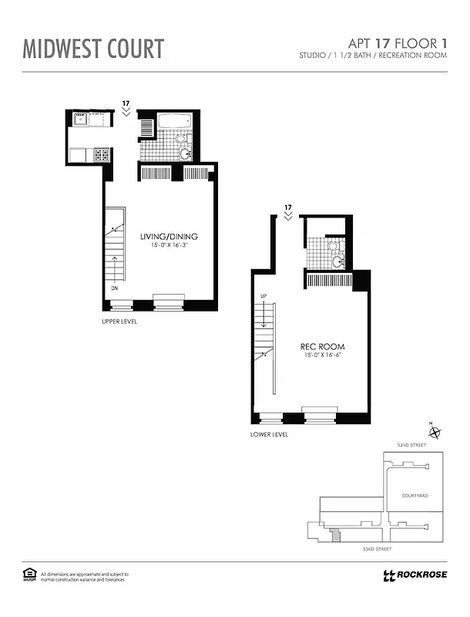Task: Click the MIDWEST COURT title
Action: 93,49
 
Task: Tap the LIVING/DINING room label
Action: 169,236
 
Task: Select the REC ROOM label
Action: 322,346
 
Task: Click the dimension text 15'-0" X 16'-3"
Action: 169,246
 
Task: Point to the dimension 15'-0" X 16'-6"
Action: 322,356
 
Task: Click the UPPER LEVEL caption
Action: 119,321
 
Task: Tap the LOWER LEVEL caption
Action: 269,435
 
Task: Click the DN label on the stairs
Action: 113,288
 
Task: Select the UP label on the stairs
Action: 263,296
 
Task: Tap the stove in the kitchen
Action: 102,154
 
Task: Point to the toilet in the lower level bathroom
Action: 332,248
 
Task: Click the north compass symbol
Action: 434,433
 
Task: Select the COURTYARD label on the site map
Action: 415,496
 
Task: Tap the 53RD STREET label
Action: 378,548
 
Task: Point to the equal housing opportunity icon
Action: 29,574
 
